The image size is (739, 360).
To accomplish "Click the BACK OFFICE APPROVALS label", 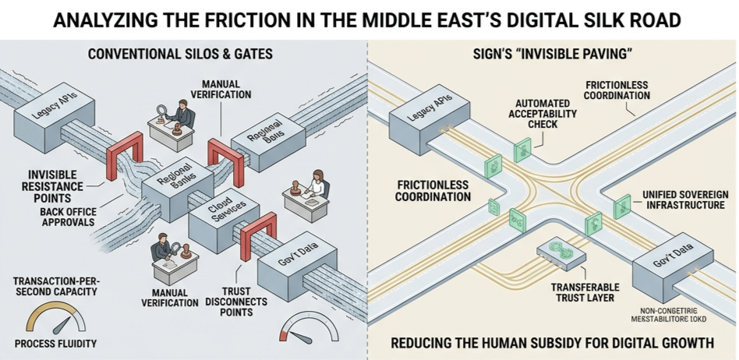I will tap(55, 216).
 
